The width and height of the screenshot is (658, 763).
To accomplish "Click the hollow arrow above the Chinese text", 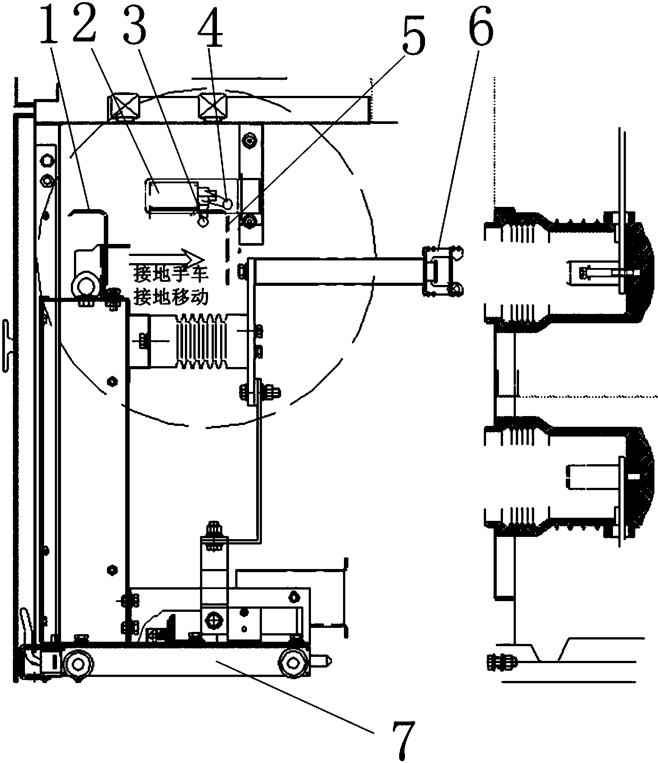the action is coord(166,259).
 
